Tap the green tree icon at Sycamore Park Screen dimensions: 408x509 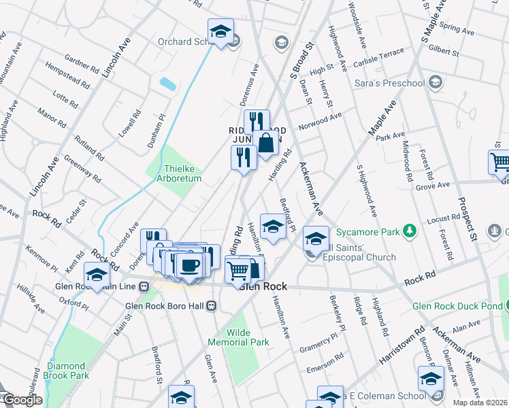click(x=409, y=232)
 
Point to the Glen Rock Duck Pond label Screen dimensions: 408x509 click(x=460, y=306)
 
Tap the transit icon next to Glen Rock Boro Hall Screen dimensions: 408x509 click(x=212, y=305)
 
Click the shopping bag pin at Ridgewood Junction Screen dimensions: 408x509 click(x=267, y=143)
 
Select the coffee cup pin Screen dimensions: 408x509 click(x=189, y=265)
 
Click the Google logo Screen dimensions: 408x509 click(x=22, y=400)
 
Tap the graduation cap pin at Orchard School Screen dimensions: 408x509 click(x=220, y=31)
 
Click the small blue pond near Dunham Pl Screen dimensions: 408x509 click(x=167, y=84)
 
